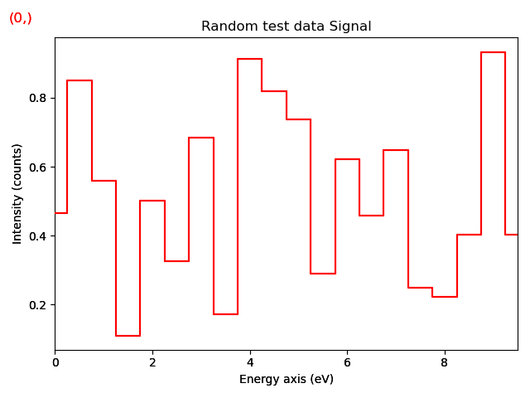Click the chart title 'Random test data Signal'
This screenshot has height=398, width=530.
pyautogui.click(x=286, y=27)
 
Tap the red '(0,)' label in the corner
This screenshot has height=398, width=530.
pyautogui.click(x=21, y=18)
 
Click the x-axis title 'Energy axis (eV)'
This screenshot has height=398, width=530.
pyautogui.click(x=286, y=380)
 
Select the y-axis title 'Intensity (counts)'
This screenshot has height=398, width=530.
pyautogui.click(x=17, y=193)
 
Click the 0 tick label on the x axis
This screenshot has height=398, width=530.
pyautogui.click(x=55, y=362)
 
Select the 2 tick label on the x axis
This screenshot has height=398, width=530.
pyautogui.click(x=152, y=362)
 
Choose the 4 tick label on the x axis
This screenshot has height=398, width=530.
pyautogui.click(x=250, y=362)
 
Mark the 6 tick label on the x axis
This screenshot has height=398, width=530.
pyautogui.click(x=347, y=362)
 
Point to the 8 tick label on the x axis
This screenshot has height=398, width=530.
pyautogui.click(x=444, y=362)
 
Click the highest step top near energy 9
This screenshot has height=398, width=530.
pyautogui.click(x=493, y=52)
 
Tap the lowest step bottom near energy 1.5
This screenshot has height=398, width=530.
pyautogui.click(x=128, y=336)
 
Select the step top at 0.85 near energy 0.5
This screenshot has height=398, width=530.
pyautogui.click(x=79, y=80)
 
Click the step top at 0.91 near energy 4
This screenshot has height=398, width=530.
pyautogui.click(x=250, y=59)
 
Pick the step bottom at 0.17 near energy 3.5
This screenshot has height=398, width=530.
pyautogui.click(x=225, y=314)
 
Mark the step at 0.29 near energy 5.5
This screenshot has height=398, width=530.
pyautogui.click(x=323, y=274)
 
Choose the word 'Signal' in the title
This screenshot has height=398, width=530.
pyautogui.click(x=352, y=27)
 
